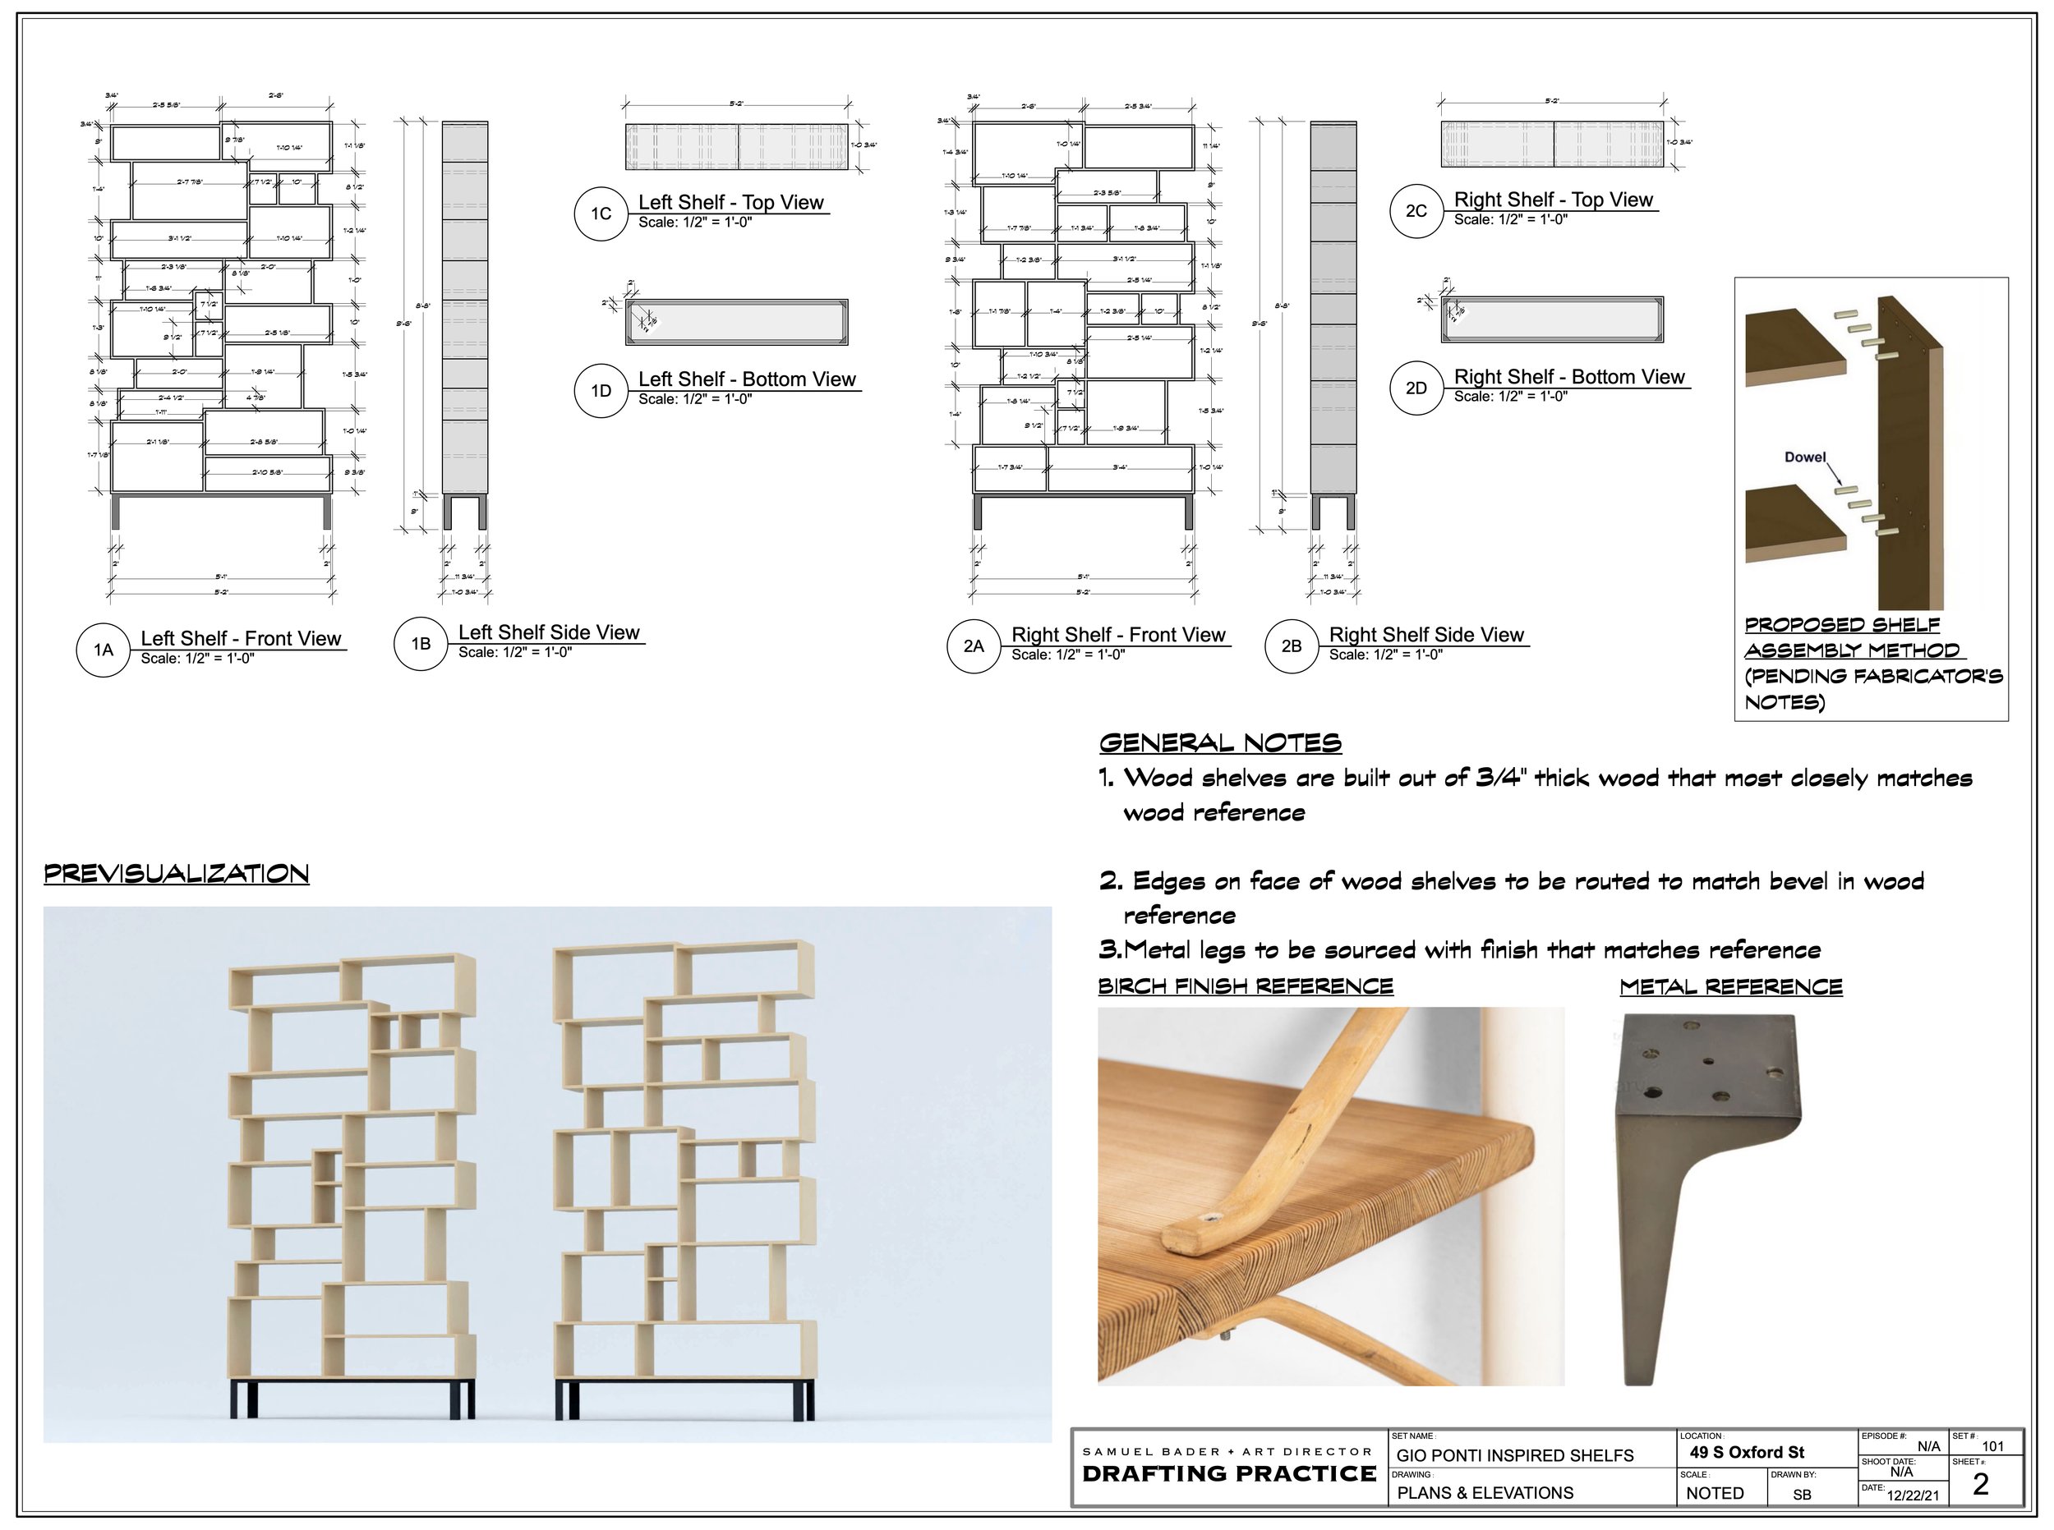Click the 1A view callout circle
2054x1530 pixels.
click(103, 650)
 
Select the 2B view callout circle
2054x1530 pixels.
click(1291, 646)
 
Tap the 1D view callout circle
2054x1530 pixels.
click(601, 391)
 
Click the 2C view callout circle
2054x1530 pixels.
click(1416, 211)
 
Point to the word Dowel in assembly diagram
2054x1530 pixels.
click(1805, 457)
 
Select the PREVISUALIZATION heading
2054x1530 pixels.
click(176, 875)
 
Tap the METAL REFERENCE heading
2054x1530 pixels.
click(1730, 987)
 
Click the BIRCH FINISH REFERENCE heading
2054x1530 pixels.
click(1246, 986)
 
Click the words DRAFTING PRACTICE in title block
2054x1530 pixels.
click(1228, 1474)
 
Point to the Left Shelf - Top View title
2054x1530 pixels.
click(730, 203)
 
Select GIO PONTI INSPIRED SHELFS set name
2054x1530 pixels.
click(1514, 1456)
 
